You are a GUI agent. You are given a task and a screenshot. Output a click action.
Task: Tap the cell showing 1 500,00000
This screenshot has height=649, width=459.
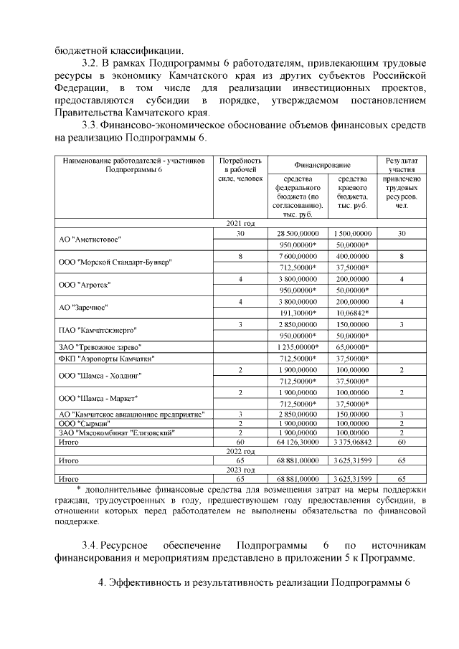click(x=351, y=234)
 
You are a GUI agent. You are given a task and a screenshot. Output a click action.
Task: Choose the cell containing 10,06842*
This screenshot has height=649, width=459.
click(x=351, y=313)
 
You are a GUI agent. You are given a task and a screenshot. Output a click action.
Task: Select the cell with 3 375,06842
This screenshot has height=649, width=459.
click(x=351, y=442)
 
